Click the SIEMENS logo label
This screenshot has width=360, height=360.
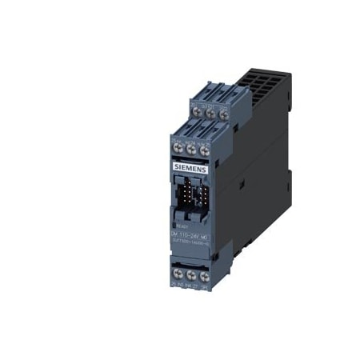pyautogui.click(x=189, y=170)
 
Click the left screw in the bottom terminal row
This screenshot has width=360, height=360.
pyautogui.click(x=178, y=272)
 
